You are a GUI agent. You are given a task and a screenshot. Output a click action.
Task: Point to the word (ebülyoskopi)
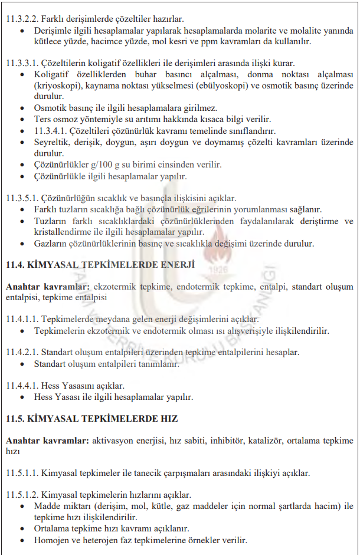click(221, 86)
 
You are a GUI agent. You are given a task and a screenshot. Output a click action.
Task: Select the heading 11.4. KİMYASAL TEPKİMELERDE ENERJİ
click(100, 265)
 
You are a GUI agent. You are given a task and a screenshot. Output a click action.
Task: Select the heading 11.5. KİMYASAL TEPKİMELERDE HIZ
click(91, 419)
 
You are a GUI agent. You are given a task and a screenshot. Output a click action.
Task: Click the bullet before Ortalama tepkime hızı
click(22, 528)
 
